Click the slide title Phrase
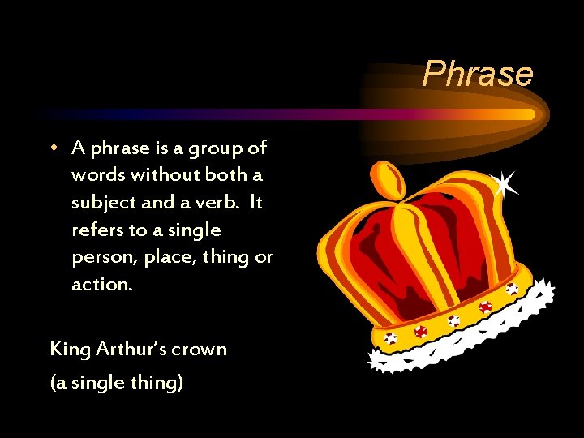(478, 74)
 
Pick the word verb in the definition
(218, 203)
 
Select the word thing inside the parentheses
(157, 382)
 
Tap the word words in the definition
(96, 175)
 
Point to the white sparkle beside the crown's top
(505, 183)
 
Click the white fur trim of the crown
(470, 333)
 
